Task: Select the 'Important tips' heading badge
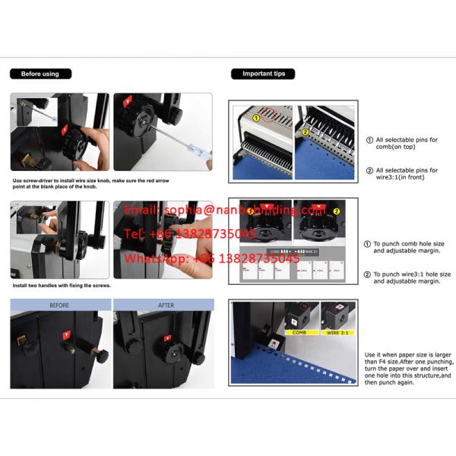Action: click(263, 74)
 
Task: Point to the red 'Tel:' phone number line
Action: click(189, 233)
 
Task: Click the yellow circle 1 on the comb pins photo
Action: click(257, 118)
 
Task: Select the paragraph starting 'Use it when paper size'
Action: click(407, 369)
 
